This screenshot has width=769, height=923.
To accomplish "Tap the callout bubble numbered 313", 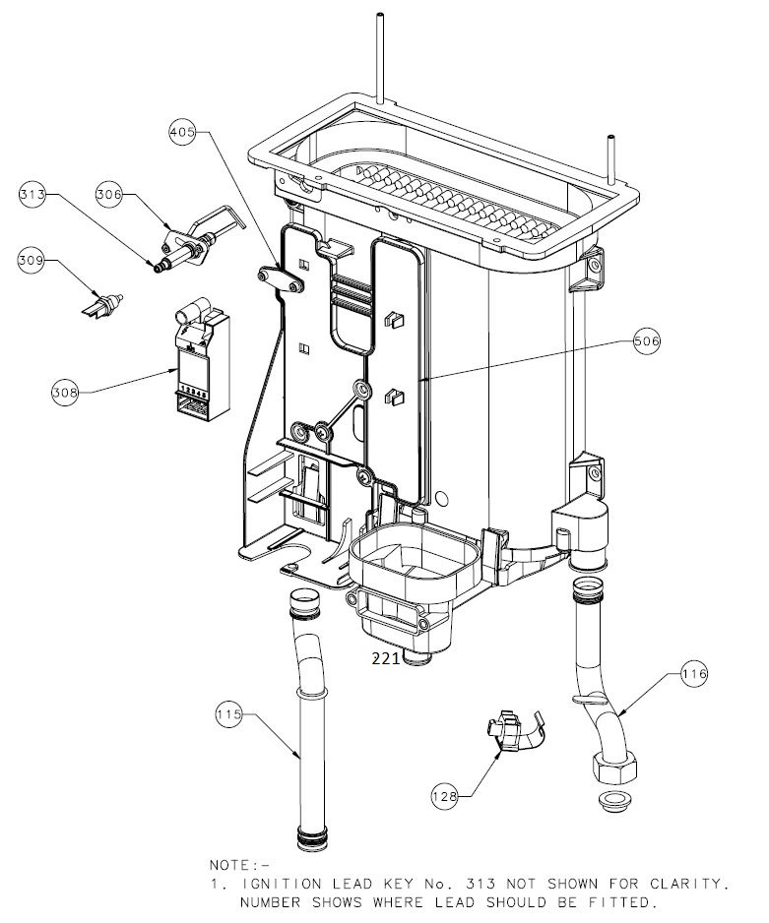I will (x=33, y=196).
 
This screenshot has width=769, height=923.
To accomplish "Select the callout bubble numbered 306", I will (x=109, y=195).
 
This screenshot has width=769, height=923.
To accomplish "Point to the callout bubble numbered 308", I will (x=65, y=392).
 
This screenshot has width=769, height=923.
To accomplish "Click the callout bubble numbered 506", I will (x=646, y=340).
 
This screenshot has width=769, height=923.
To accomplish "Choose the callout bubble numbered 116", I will (x=694, y=674).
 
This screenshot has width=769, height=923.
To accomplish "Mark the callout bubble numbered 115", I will (x=228, y=715).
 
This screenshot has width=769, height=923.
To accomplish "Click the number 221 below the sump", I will (x=386, y=659).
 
